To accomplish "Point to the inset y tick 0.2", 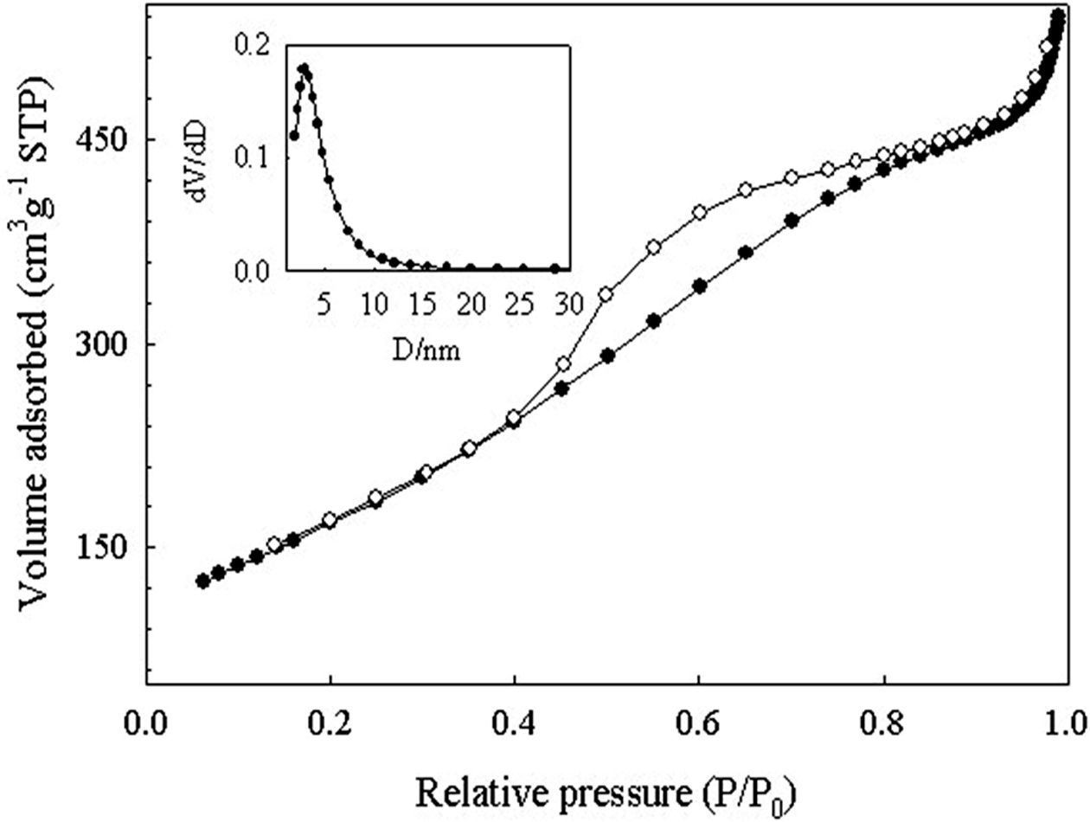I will (254, 43).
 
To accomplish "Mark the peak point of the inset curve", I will (304, 67).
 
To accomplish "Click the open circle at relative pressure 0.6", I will (700, 212).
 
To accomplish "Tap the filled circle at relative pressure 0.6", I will (700, 286).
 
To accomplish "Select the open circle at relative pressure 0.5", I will (606, 294).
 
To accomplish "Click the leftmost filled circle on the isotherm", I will (203, 581).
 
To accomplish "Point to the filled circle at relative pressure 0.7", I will (791, 221).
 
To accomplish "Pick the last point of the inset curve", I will (555, 268).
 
